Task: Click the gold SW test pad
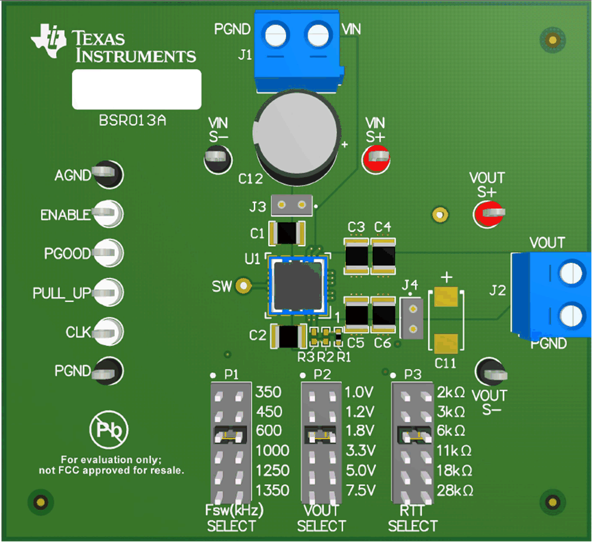243,286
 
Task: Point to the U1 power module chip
297,286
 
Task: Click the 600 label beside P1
268,430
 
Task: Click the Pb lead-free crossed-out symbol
109,430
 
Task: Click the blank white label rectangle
136,90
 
